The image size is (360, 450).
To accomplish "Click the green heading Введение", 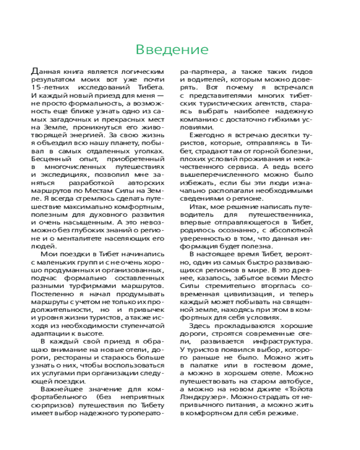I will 172,49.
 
